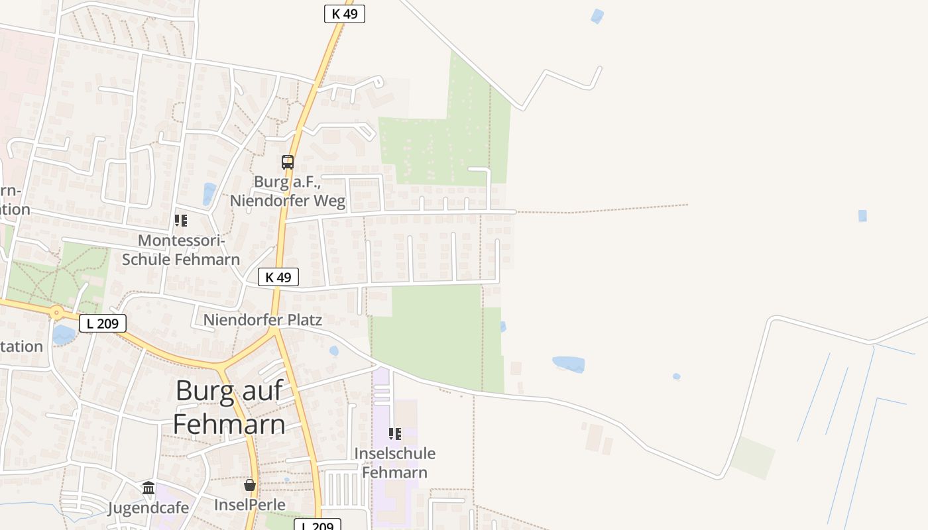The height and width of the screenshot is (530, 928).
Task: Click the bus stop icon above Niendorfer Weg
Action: click(x=287, y=162)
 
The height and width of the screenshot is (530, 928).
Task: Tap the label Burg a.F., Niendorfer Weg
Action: click(x=288, y=191)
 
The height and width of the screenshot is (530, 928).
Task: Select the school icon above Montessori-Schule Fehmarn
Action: click(x=180, y=221)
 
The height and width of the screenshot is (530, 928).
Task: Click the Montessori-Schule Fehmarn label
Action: click(x=181, y=250)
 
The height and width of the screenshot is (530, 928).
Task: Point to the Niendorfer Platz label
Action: click(x=262, y=320)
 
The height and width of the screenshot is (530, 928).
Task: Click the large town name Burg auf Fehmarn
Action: click(x=229, y=407)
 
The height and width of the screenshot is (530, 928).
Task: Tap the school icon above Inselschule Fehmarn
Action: click(x=394, y=434)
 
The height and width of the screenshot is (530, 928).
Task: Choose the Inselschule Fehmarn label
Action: click(x=395, y=463)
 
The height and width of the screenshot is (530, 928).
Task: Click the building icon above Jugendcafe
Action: click(x=148, y=489)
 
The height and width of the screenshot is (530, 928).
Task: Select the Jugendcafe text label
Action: click(x=148, y=508)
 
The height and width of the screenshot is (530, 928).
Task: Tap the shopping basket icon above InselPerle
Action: click(x=250, y=486)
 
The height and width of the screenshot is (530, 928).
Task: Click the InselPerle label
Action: click(x=250, y=505)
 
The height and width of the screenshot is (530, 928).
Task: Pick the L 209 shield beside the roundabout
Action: click(x=103, y=323)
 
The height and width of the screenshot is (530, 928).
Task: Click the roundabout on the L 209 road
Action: click(x=56, y=311)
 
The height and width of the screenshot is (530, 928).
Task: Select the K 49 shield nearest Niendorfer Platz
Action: click(x=278, y=277)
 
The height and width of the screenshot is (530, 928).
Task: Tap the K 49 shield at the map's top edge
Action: click(x=345, y=13)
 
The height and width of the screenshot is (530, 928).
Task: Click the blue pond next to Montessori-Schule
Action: click(x=209, y=193)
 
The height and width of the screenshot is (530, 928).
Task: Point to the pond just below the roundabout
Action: click(x=64, y=335)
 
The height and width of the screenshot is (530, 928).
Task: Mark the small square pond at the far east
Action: click(x=862, y=215)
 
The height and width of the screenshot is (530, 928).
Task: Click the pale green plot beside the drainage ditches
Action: click(x=754, y=457)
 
